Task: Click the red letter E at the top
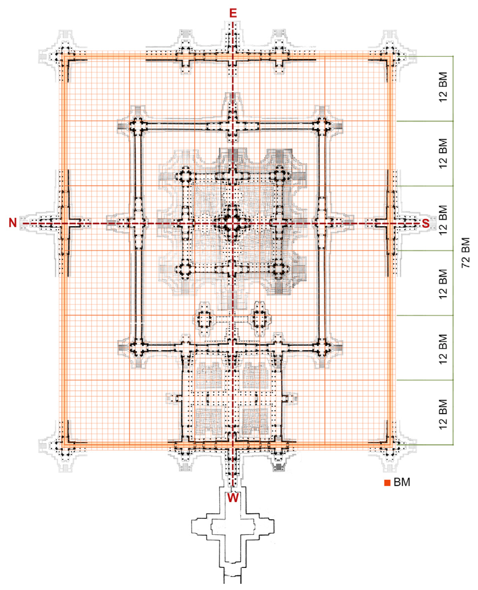pyautogui.click(x=233, y=13)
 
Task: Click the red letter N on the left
pyautogui.click(x=13, y=223)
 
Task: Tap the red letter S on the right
pyautogui.click(x=426, y=223)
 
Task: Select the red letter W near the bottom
pyautogui.click(x=233, y=498)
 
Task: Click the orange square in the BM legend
pyautogui.click(x=387, y=483)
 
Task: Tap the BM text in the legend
pyautogui.click(x=402, y=482)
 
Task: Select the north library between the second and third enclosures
pyautogui.click(x=204, y=320)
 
